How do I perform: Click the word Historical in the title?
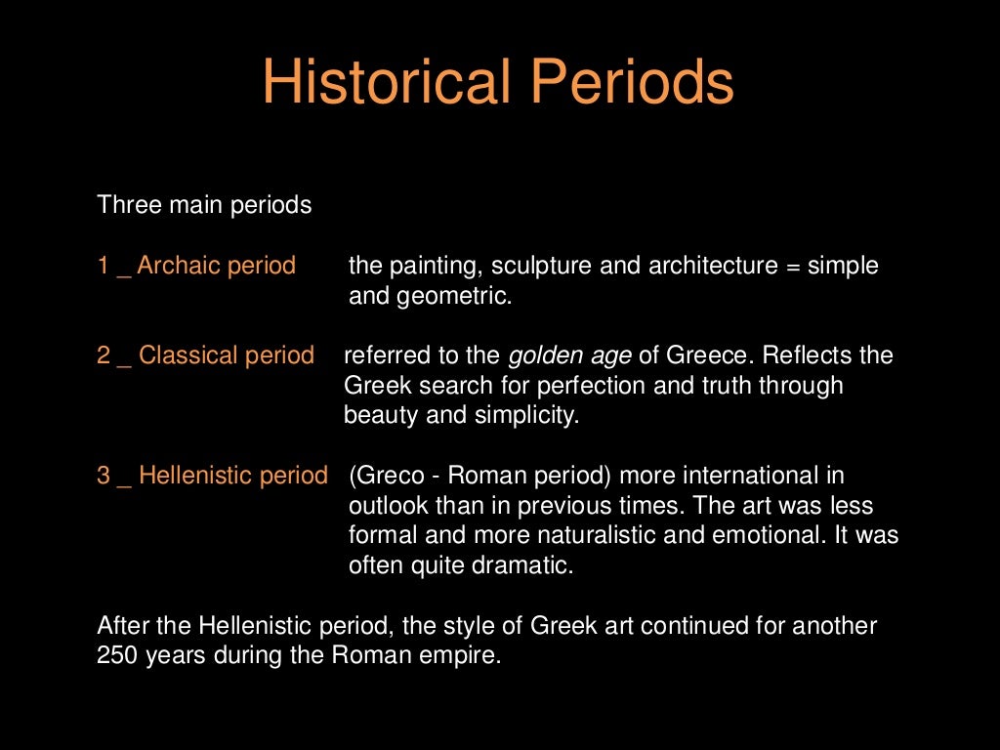387,84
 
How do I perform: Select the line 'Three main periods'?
205,206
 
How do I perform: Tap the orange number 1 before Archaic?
103,266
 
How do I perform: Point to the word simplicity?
526,416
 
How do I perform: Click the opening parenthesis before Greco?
353,477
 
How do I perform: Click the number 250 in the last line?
118,656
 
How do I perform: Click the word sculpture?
540,266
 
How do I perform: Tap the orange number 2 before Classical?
104,355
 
